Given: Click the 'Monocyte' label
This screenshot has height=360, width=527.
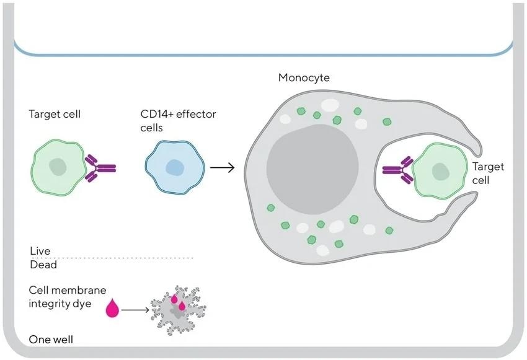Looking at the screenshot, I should tap(304, 78).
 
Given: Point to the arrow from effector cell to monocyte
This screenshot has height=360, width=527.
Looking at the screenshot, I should tap(223, 167).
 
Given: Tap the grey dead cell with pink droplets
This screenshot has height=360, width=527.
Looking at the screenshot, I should tap(176, 308).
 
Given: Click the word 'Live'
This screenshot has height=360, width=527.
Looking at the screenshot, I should tap(40, 251).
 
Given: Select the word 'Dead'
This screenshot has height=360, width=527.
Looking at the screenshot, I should tap(43, 265).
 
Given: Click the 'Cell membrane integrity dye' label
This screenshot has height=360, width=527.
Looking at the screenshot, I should tap(68, 297).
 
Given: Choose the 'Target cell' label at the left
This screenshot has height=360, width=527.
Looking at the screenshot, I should tap(55, 114).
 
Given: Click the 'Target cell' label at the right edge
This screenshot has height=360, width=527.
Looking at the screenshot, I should tap(488, 173).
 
